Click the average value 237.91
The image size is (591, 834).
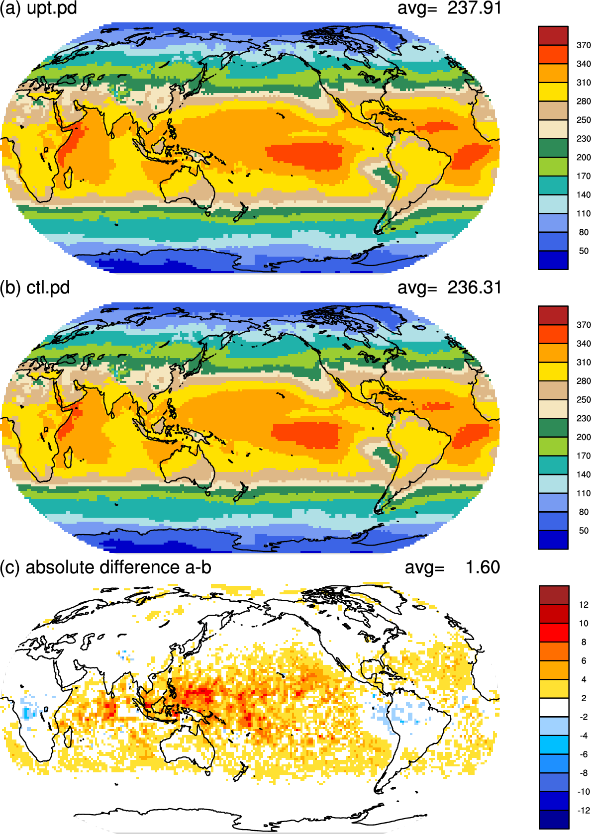[x=475, y=8]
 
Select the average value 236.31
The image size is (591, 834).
[x=475, y=287]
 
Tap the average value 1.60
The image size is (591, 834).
[x=483, y=567]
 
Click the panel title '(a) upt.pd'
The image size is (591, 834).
[x=38, y=8]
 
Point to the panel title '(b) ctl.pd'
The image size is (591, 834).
[x=35, y=288]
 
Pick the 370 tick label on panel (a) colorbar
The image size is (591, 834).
[x=584, y=45]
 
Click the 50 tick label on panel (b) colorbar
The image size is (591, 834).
[x=584, y=531]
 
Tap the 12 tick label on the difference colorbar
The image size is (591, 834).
[x=584, y=605]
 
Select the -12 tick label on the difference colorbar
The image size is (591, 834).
[x=584, y=810]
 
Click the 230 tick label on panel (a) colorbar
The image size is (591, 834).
[x=584, y=139]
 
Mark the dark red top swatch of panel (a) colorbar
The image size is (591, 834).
[x=553, y=36]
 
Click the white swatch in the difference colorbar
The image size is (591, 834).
[x=554, y=707]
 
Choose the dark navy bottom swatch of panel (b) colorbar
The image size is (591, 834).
[x=553, y=540]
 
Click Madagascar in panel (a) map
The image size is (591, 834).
[x=68, y=178]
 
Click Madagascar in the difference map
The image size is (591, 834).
[x=68, y=737]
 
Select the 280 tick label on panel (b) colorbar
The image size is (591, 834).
[x=584, y=381]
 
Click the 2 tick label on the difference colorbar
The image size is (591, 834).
[x=584, y=698]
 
